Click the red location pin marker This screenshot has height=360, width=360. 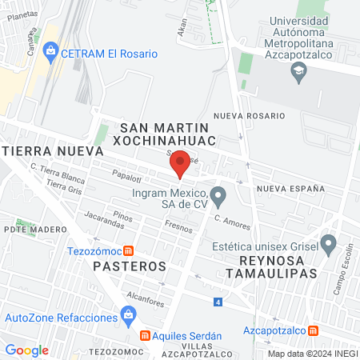tap(180, 165)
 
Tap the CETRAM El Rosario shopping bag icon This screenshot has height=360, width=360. tap(51, 53)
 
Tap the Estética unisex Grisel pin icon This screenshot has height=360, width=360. tap(328, 242)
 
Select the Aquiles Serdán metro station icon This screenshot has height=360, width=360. tap(146, 335)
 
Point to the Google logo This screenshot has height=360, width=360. tap(26, 350)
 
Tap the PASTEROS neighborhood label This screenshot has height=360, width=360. tap(128, 265)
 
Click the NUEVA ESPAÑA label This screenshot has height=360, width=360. tap(290, 188)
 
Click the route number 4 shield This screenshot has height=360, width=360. tap(218, 302)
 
